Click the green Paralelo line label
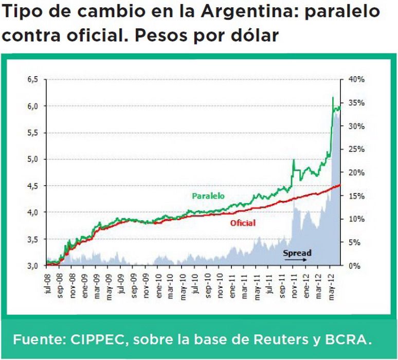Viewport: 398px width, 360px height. coord(208,196)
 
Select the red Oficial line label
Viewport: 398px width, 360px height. coord(243,223)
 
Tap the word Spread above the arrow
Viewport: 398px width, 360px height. coord(297,253)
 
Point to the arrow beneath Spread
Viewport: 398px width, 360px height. coord(296,260)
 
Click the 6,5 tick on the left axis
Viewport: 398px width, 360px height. coord(32,80)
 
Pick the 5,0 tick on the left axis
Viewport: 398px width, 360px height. coord(32,159)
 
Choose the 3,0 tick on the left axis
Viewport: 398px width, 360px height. coord(32,265)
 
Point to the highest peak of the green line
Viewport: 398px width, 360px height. coord(333,97)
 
